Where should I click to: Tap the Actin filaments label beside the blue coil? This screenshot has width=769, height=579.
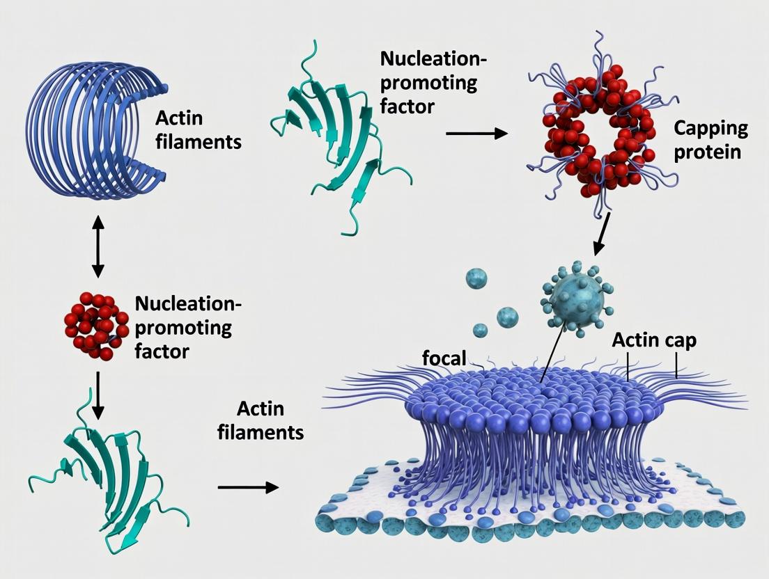click(x=199, y=130)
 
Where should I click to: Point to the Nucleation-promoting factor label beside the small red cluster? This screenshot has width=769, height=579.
click(x=187, y=327)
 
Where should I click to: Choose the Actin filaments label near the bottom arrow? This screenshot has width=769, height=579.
click(x=261, y=420)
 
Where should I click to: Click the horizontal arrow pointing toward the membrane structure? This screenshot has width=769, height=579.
click(x=248, y=487)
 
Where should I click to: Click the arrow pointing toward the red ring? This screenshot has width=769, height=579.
click(x=476, y=132)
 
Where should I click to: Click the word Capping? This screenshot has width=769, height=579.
click(x=710, y=129)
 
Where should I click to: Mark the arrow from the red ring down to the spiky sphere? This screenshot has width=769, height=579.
click(x=601, y=232)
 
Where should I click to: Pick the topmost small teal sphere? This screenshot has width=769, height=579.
click(x=477, y=278)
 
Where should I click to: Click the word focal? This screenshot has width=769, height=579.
click(x=444, y=358)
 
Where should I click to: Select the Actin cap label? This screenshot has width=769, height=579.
click(x=653, y=341)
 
